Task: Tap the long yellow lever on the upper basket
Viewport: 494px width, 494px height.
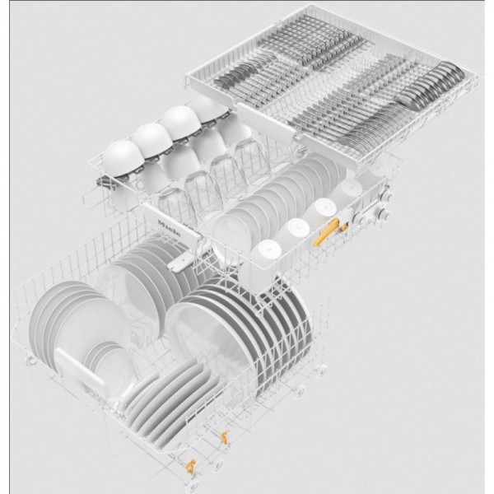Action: [325, 232]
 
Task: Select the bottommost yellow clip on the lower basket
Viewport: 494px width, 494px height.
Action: [190, 466]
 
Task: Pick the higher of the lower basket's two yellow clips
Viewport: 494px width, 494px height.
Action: [225, 437]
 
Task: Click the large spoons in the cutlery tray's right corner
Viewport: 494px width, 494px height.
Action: [432, 82]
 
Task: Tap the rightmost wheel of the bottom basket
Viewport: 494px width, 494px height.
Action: [319, 370]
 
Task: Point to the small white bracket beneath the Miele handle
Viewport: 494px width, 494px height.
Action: [180, 263]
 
